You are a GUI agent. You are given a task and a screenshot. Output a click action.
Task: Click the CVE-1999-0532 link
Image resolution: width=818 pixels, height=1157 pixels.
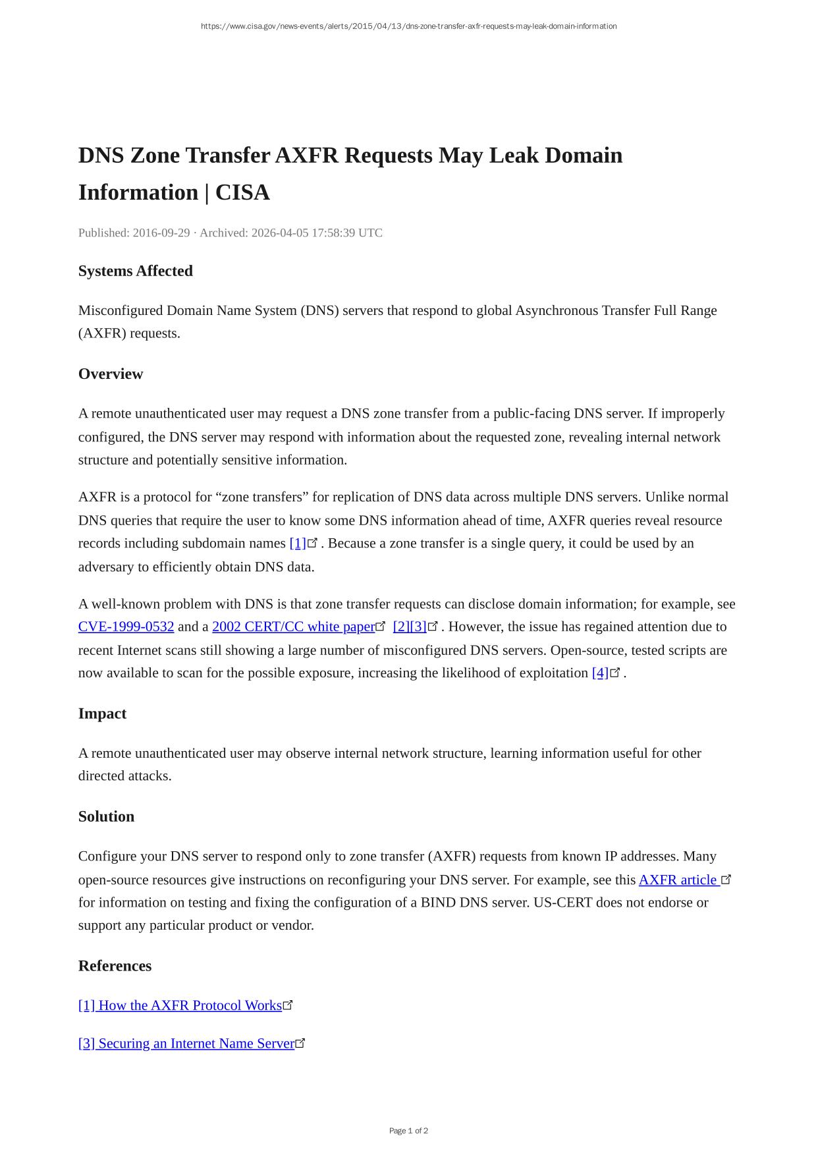(x=126, y=627)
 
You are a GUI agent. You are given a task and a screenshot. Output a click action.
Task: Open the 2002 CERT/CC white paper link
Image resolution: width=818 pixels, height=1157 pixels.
(x=293, y=627)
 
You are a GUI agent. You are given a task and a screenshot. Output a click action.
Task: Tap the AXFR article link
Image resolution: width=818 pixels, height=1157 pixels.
(x=678, y=880)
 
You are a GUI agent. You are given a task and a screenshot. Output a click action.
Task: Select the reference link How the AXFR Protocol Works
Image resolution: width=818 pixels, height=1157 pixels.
(x=180, y=1005)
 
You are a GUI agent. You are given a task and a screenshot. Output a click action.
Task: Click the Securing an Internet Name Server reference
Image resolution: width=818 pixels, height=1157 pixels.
(x=186, y=1044)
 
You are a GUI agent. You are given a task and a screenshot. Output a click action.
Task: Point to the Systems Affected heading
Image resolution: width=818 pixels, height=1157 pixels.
(x=136, y=271)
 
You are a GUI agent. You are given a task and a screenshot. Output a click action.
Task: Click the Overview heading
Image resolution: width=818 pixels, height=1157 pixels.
(x=111, y=374)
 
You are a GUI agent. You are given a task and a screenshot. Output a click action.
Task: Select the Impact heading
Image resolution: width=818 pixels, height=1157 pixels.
(x=102, y=714)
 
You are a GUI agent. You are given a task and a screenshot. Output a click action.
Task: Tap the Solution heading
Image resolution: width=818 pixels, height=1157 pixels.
(x=106, y=816)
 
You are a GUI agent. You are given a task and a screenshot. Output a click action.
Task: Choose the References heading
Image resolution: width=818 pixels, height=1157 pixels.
(x=115, y=966)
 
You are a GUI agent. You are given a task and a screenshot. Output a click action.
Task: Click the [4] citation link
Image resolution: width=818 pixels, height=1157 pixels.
(x=600, y=673)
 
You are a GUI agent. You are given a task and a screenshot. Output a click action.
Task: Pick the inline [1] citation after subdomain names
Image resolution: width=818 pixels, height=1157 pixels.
(x=298, y=544)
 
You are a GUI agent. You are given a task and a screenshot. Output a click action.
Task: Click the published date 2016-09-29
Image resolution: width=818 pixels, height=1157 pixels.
(x=161, y=233)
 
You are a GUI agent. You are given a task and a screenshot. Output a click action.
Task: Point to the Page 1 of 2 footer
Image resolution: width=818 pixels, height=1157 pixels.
(x=408, y=1131)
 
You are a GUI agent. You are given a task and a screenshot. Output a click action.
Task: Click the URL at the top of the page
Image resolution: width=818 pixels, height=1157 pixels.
(x=408, y=26)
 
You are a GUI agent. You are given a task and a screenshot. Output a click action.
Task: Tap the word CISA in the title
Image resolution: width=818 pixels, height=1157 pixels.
(x=242, y=192)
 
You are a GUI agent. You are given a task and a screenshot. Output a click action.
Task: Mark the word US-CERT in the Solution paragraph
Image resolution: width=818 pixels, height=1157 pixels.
(x=561, y=903)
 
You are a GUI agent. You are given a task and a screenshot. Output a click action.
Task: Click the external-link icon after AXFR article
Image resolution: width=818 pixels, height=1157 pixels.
(x=726, y=879)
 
